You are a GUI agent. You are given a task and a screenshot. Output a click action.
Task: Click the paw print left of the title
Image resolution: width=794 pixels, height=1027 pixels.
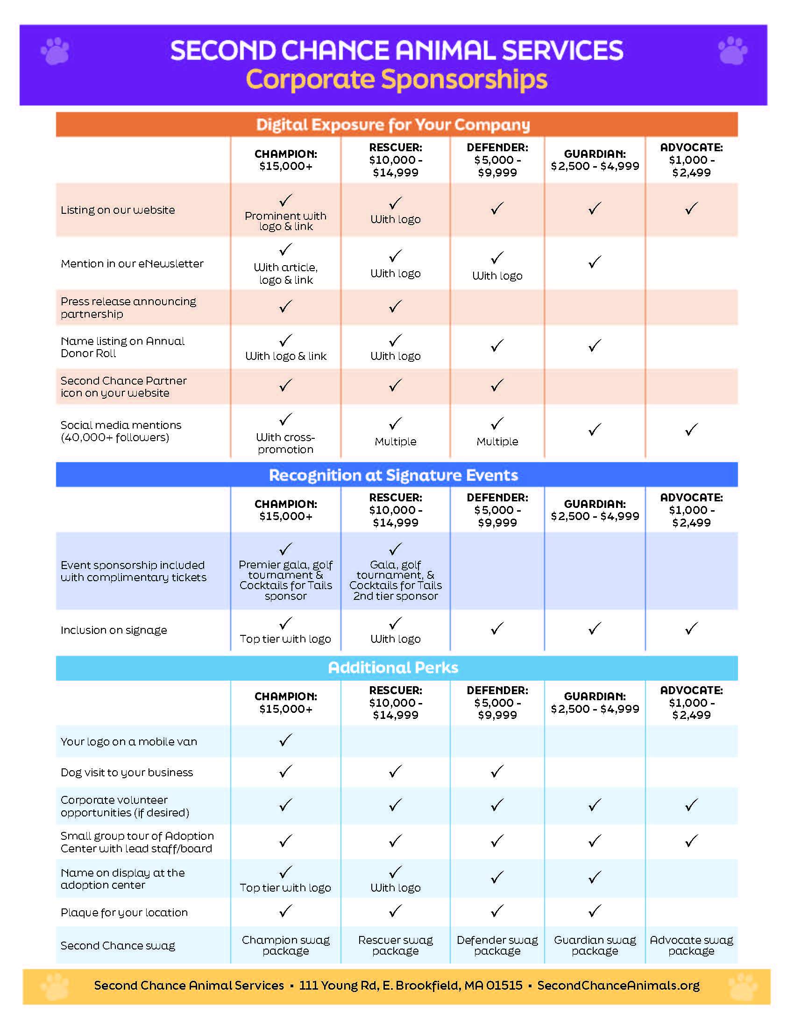[55, 51]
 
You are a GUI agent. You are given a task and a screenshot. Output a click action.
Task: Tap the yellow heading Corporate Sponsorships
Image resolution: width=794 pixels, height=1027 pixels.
[396, 79]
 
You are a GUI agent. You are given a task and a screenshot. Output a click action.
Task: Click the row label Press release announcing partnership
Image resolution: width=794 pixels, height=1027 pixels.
[128, 308]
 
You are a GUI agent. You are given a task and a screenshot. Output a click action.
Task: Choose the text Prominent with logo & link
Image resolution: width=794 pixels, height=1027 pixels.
[285, 221]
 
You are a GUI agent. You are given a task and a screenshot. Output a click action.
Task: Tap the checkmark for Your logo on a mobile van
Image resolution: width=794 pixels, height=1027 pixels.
[285, 740]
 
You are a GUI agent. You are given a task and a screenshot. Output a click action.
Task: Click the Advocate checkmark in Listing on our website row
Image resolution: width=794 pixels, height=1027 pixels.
[691, 208]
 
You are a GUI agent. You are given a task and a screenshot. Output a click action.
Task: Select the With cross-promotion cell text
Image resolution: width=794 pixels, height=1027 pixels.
[285, 443]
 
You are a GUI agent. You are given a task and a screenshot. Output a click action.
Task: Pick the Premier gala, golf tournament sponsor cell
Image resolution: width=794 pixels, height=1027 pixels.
[285, 580]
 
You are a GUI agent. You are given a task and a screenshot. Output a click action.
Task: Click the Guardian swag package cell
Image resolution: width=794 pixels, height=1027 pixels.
[595, 945]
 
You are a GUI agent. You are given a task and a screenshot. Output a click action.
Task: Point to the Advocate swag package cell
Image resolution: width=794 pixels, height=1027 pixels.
[691, 945]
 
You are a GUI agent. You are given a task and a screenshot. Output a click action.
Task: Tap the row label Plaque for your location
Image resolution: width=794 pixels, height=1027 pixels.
[124, 912]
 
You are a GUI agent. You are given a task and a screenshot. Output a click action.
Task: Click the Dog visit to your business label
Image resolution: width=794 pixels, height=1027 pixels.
[127, 772]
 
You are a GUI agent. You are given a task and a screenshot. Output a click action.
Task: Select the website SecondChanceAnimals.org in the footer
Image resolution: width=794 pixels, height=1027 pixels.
[618, 985]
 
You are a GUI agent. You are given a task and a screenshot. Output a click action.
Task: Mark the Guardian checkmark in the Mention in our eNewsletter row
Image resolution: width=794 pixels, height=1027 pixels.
[595, 262]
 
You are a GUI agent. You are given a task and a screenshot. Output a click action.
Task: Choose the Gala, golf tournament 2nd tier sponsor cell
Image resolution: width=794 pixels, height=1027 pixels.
[395, 580]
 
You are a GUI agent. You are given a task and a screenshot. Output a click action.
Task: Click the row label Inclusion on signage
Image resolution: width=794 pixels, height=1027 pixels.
[114, 630]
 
